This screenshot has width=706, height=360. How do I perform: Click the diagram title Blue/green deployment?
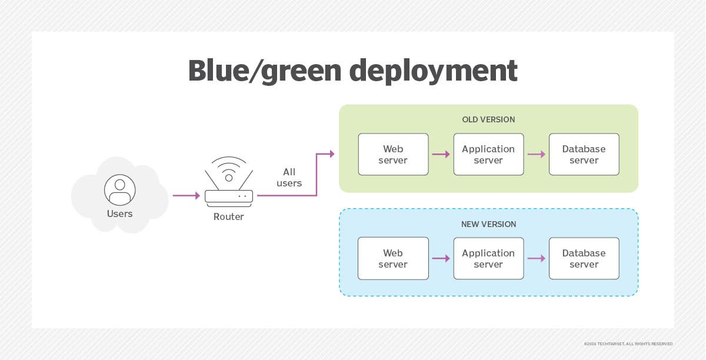coord(352,71)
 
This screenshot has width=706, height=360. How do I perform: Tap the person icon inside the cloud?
coord(120,189)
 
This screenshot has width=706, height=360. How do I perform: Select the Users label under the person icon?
coord(120,214)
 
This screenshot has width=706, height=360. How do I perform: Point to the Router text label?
coord(229,216)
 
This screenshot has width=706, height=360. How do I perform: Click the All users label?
coord(289,178)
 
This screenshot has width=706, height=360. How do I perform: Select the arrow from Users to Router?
coord(186,195)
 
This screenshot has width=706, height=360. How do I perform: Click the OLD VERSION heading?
coord(488,119)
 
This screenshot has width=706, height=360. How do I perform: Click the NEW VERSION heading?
coord(488,224)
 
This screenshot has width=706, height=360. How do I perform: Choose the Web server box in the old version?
coord(393,154)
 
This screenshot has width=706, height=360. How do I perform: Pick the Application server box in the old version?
coord(488,154)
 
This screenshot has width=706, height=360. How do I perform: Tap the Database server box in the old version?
coord(584,154)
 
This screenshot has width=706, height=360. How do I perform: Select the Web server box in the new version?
coord(393,258)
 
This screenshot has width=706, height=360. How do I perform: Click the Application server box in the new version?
coord(488,258)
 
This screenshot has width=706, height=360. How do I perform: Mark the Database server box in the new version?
coord(584,258)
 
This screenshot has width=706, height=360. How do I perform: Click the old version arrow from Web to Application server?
coord(441,154)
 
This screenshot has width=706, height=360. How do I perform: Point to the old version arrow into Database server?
coord(536,154)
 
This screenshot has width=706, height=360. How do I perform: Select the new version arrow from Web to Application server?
coord(441,258)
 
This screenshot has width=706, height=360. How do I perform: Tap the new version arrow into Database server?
coord(536,258)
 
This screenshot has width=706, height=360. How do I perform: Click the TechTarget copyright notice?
coord(628,344)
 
